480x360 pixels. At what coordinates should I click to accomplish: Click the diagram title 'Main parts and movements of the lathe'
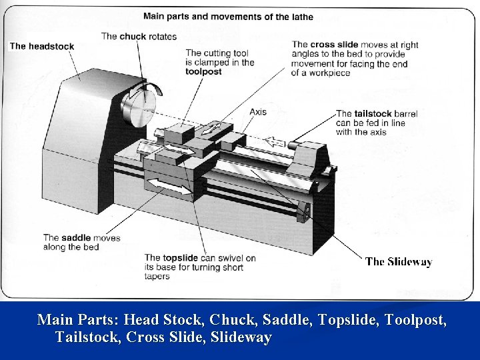[228, 16]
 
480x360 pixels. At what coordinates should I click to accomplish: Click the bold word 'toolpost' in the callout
[203, 71]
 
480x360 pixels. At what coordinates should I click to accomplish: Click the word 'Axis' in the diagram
[258, 111]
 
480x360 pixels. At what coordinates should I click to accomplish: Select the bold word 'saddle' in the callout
[77, 238]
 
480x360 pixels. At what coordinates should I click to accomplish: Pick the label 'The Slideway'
[399, 262]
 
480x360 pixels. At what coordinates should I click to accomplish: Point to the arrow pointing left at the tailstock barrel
[276, 141]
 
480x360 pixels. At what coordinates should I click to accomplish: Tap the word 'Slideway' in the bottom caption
[241, 337]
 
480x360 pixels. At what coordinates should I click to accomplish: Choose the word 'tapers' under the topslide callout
[157, 277]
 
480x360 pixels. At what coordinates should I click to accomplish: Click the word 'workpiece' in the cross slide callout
[327, 73]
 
